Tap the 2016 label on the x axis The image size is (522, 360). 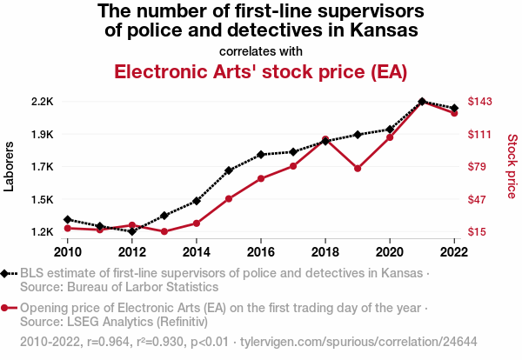tap(261, 252)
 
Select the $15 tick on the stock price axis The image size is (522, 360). tap(478, 232)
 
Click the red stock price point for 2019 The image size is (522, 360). tap(358, 169)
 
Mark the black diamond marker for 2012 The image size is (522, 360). tap(132, 231)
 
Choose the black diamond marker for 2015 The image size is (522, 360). tap(229, 170)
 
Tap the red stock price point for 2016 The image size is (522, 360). tap(261, 178)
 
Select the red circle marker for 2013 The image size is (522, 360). tap(164, 231)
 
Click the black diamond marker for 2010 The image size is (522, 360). tap(68, 219)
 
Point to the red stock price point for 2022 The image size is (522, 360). tap(454, 113)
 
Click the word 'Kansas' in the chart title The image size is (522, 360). tap(376, 31)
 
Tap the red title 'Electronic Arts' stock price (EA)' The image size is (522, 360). tap(261, 71)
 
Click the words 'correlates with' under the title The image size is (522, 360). tap(261, 50)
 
